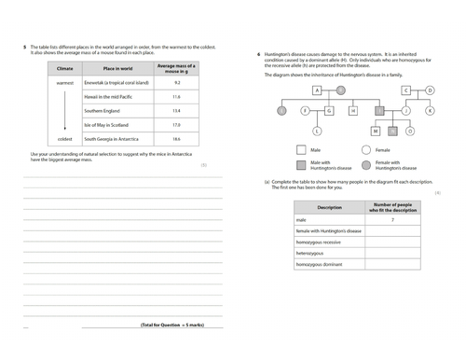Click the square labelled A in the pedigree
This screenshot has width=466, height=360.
[317, 90]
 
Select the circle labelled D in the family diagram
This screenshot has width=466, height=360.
[430, 90]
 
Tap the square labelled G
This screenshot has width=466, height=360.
[329, 110]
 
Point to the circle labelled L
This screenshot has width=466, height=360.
[317, 131]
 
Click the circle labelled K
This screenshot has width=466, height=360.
[430, 110]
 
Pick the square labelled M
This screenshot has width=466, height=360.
[375, 131]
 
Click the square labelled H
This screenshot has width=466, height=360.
[353, 110]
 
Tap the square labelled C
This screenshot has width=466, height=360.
[406, 90]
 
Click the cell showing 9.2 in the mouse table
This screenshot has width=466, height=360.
[176, 83]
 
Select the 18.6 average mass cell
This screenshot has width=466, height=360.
[176, 138]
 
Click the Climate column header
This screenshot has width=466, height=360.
[64, 68]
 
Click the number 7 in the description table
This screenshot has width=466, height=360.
[392, 218]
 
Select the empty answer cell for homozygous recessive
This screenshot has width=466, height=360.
[392, 241]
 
